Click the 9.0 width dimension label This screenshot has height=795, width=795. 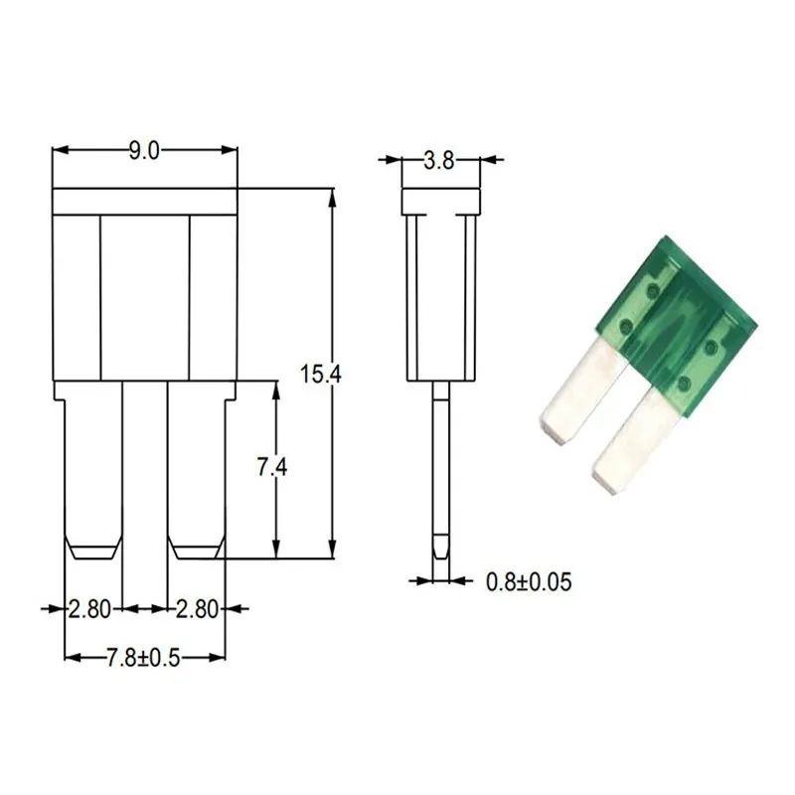(x=144, y=151)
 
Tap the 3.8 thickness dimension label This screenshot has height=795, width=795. (x=439, y=161)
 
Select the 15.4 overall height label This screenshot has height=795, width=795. (x=320, y=375)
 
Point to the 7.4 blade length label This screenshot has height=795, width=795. (x=272, y=467)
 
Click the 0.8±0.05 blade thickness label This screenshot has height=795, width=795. (x=529, y=582)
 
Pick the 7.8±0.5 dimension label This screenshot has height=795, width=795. (x=143, y=658)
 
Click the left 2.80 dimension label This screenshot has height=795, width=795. (x=89, y=609)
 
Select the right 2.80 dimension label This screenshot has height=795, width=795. (x=197, y=609)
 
